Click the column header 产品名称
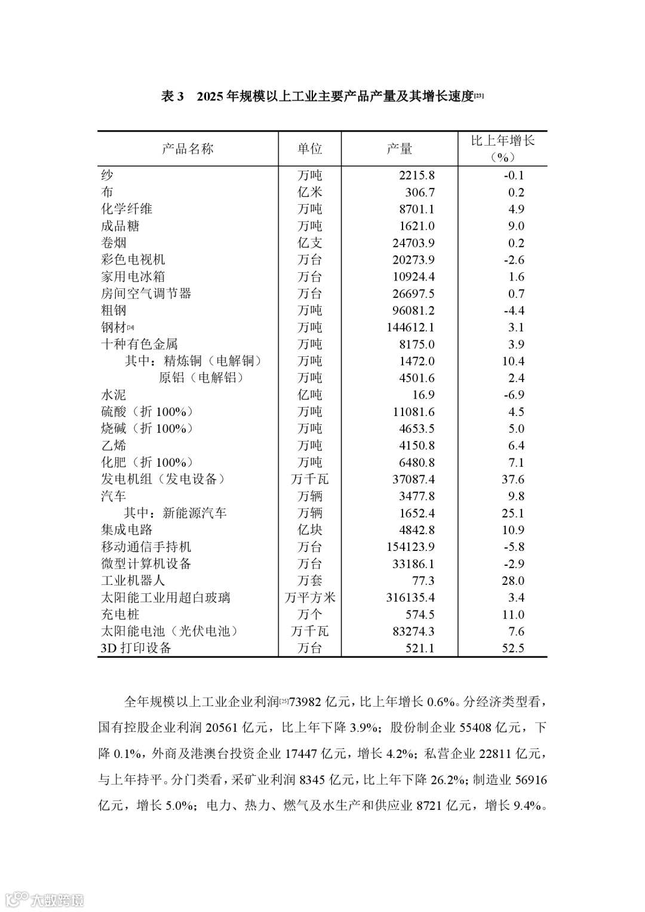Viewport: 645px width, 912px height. pos(188,149)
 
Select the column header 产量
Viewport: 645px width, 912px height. pos(399,149)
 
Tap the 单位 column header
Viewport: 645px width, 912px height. pos(309,149)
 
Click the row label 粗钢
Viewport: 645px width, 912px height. pos(113,310)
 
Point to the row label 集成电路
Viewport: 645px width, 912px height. pos(127,530)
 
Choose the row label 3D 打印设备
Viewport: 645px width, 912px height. pos(136,648)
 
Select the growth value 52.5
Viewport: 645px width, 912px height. pos(512,648)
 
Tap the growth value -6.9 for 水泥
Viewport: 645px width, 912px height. pos(514,395)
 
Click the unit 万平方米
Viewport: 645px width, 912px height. pos(309,597)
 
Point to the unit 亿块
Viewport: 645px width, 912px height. pos(309,530)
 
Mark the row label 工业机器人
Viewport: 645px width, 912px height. pos(133,581)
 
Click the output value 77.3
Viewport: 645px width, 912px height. pos(423,581)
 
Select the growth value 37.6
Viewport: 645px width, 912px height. pos(512,479)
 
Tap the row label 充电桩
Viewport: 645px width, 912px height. pos(120,615)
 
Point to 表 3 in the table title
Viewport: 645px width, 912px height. pos(172,97)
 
